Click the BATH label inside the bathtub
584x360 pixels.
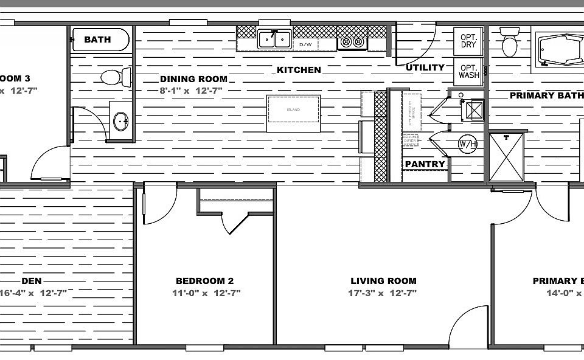[x=97, y=40]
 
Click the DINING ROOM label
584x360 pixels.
[x=193, y=78]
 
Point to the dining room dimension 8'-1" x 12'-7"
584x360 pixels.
[x=191, y=91]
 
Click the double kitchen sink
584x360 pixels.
[x=274, y=40]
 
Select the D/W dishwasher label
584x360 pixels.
[x=305, y=45]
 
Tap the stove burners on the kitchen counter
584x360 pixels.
[x=353, y=42]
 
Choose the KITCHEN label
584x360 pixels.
[x=299, y=70]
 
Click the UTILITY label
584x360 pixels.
[x=425, y=67]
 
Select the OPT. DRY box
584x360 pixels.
[x=468, y=41]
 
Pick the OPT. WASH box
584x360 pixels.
[x=468, y=71]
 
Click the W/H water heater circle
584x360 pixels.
[x=467, y=144]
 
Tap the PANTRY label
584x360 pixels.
[x=425, y=164]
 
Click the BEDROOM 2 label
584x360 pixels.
[x=204, y=281]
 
